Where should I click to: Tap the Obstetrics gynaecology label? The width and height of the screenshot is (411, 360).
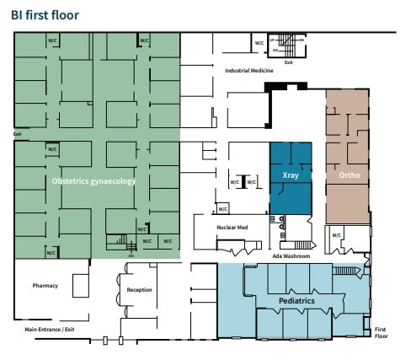(93, 180)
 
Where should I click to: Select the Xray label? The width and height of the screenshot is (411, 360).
(290, 176)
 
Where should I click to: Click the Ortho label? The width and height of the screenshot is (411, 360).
(350, 176)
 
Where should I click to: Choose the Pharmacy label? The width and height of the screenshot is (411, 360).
(45, 285)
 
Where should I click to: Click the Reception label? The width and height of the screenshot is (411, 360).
(139, 290)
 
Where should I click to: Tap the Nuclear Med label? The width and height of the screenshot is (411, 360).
(232, 227)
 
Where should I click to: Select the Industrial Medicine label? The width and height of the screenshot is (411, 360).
(248, 71)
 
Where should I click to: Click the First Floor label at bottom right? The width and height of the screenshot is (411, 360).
(381, 331)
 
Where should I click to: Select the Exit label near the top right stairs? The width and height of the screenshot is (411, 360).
(289, 62)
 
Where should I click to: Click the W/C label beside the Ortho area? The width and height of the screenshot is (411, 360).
(336, 235)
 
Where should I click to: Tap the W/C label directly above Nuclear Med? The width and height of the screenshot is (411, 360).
(222, 208)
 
